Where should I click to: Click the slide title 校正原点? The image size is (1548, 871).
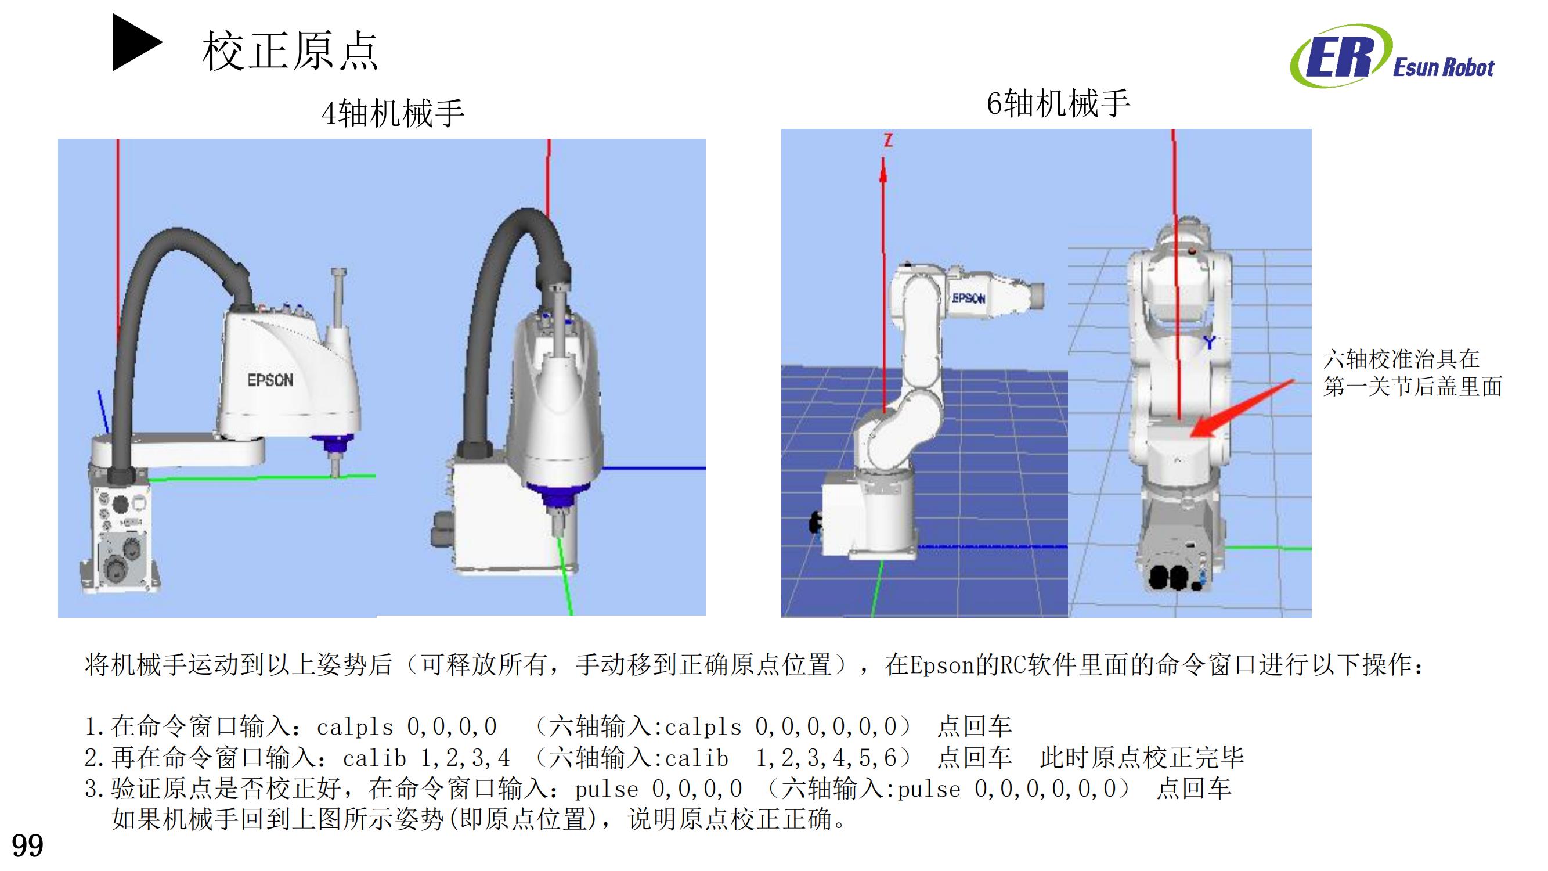pos(290,52)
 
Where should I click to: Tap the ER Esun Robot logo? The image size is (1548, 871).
pos(1391,56)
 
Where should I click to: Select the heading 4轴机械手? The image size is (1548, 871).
pos(392,113)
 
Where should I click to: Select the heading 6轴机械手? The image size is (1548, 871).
pos(1058,103)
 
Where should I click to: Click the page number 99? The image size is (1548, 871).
pos(27,847)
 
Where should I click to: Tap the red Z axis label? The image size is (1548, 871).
pos(888,141)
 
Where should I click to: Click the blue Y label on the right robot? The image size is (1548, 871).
pos(1209,343)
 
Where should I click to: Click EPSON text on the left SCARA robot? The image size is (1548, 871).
pos(270,380)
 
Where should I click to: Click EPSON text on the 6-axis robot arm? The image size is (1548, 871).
pos(968,298)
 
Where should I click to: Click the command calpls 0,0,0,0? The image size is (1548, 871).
pos(407,728)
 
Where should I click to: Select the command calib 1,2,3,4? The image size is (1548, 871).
pos(426,758)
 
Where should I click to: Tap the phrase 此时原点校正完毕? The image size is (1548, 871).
pos(1141,758)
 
